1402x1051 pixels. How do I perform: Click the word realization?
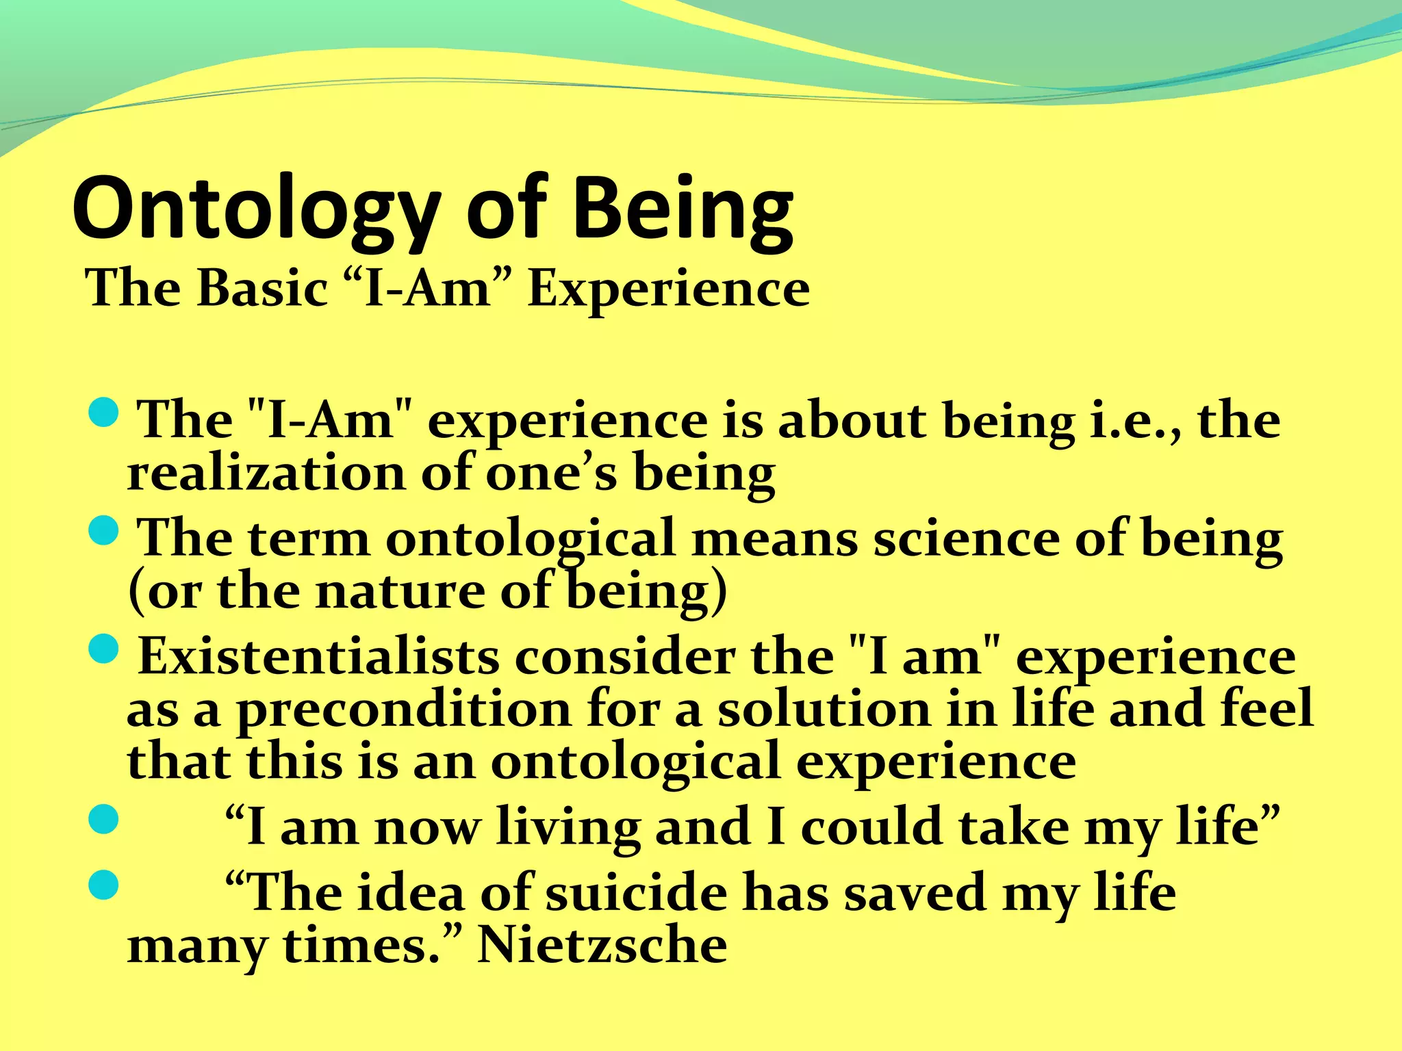266,473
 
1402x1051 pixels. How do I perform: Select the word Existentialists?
318,657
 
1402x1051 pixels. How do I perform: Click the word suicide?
636,894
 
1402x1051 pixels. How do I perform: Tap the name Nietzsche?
602,946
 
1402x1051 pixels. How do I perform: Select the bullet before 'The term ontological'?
104,531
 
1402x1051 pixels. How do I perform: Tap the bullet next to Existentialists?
104,649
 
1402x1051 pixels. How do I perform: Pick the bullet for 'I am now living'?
104,819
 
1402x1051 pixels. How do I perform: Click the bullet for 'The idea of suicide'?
104,885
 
